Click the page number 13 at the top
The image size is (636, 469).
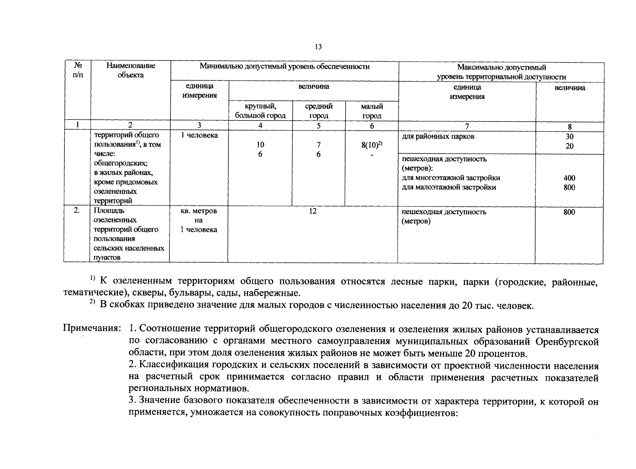(318, 47)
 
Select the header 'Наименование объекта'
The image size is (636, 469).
(131, 70)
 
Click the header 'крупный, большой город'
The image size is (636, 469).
(260, 111)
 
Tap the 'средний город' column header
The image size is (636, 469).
(319, 111)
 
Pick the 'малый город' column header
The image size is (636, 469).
(372, 111)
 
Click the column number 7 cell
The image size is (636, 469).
(466, 126)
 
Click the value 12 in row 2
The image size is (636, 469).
(312, 211)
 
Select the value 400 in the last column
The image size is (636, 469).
(569, 178)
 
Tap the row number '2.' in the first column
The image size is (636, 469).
(77, 211)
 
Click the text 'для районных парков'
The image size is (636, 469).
(438, 136)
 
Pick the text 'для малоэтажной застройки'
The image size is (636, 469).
(449, 187)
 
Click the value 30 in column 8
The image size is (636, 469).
(569, 137)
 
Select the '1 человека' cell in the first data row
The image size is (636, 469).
(199, 135)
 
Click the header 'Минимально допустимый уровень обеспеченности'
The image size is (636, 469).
(284, 67)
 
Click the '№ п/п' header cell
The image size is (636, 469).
(77, 70)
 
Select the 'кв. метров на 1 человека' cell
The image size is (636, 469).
(199, 220)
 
